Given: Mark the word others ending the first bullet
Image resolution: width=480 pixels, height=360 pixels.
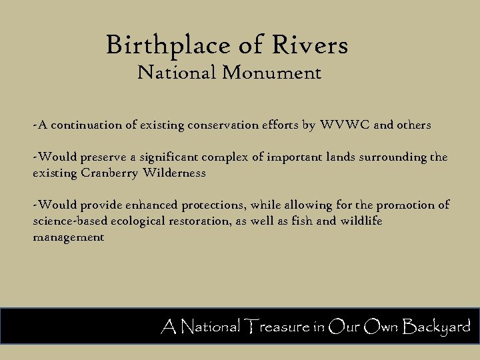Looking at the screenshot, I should (414, 125).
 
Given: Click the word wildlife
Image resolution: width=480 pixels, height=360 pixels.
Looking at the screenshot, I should (360, 221).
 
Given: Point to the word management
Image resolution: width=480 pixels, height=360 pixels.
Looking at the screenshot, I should (69, 237).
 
